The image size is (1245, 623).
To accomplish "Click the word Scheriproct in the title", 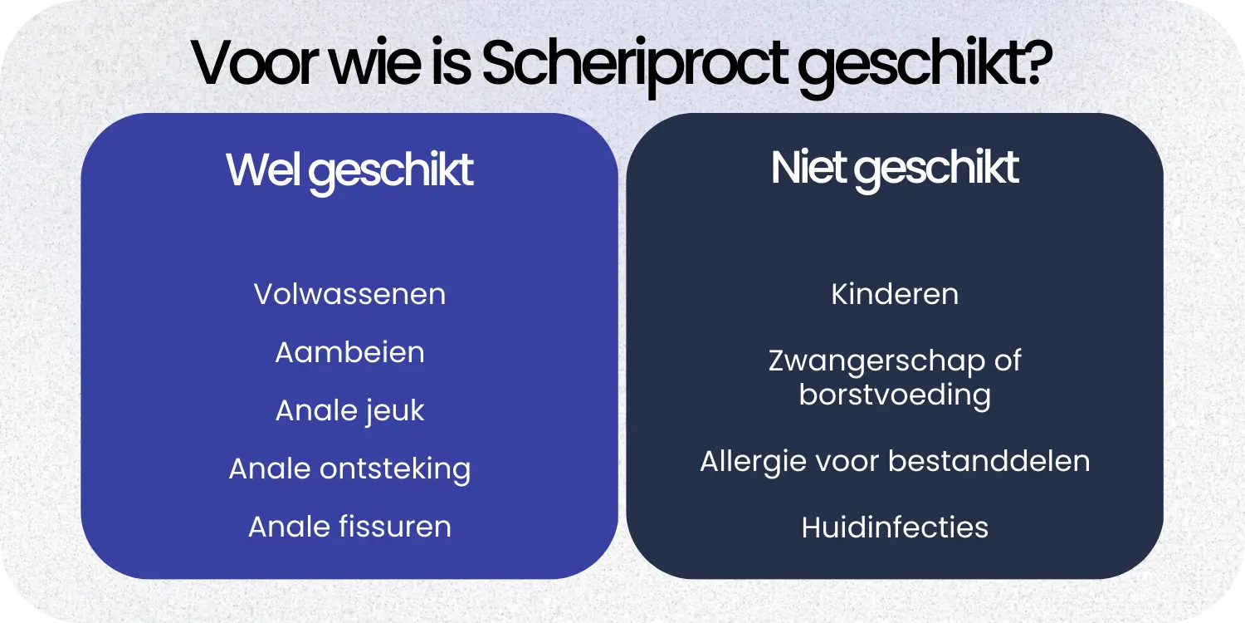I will coord(636,64).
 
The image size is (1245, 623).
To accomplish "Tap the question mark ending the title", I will coord(1036,64).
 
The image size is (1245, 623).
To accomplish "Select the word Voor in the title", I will coord(250,64).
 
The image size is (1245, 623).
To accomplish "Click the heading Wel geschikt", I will coord(349,170).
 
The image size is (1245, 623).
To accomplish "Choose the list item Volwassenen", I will coord(349,294).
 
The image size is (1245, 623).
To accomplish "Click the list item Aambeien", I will coord(349,352).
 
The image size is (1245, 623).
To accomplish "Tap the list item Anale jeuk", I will coord(349,410).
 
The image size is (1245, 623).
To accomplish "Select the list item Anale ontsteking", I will coord(349,468).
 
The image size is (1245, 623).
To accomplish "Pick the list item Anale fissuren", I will coord(349,527).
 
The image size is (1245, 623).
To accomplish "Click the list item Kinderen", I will coord(895,294).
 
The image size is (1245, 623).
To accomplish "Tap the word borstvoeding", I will coord(895,394).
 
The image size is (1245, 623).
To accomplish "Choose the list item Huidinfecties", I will coord(895,527).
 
